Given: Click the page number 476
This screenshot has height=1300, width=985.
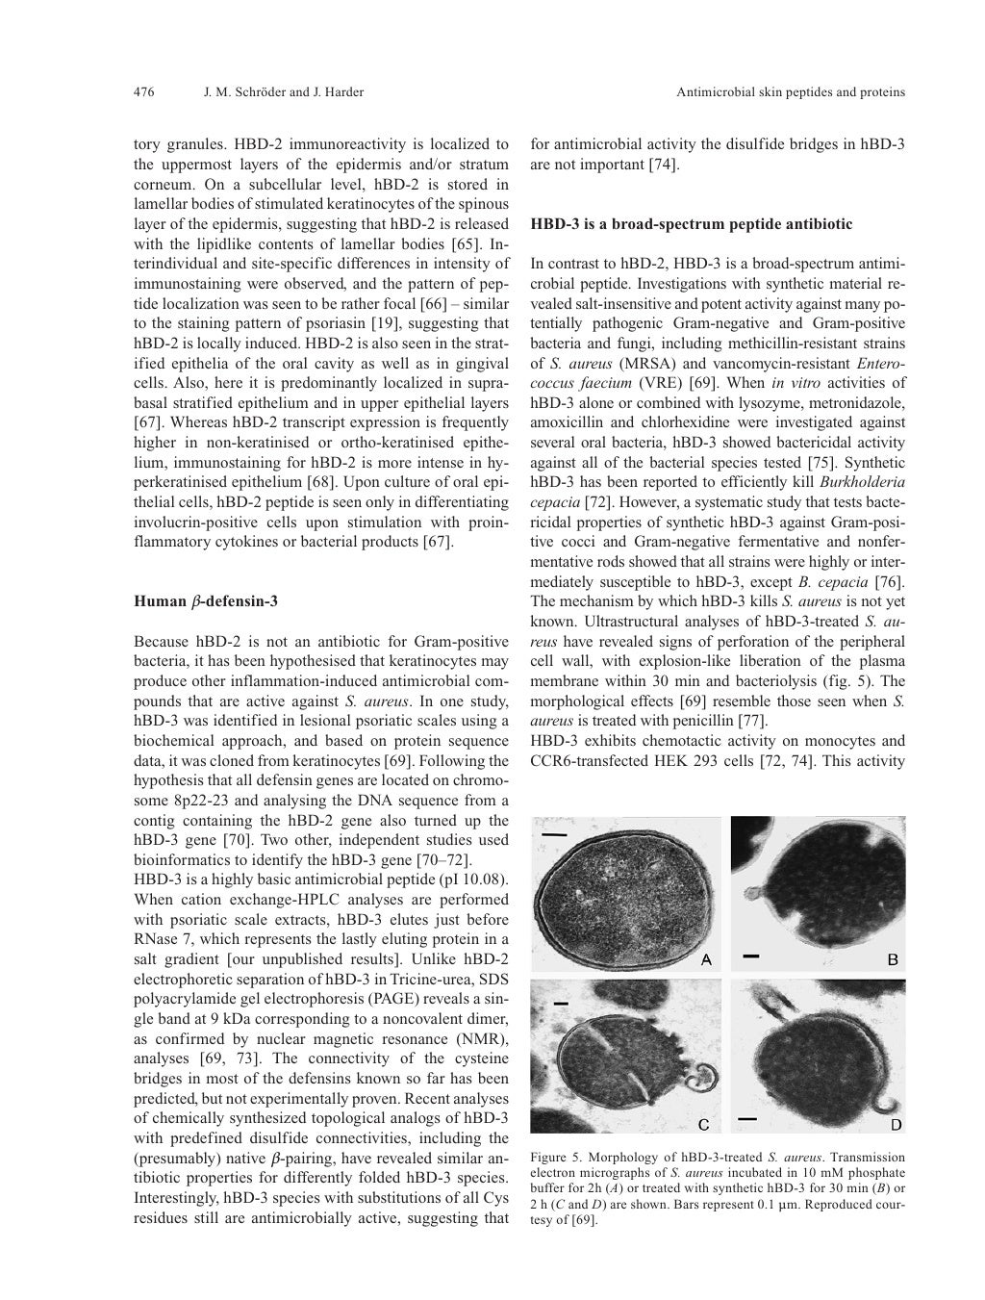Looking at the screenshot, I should [x=143, y=92].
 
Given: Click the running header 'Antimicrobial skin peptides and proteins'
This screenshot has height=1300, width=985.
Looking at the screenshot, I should [x=791, y=92].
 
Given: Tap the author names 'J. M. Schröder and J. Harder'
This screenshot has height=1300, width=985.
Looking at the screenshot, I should [x=284, y=92].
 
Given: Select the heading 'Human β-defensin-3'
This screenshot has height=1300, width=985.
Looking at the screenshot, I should [x=206, y=602].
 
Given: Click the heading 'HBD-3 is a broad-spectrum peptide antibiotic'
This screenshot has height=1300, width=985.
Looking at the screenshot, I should [x=691, y=224].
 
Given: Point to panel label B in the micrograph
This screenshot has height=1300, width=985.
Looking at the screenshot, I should [x=892, y=959].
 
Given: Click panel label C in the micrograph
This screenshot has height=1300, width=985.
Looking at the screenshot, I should [x=705, y=1124].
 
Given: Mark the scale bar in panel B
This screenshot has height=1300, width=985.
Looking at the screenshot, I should [x=750, y=956].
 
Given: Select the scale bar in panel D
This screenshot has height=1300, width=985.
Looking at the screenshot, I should [x=747, y=1119].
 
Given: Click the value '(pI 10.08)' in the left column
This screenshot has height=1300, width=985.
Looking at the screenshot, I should [x=472, y=879].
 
